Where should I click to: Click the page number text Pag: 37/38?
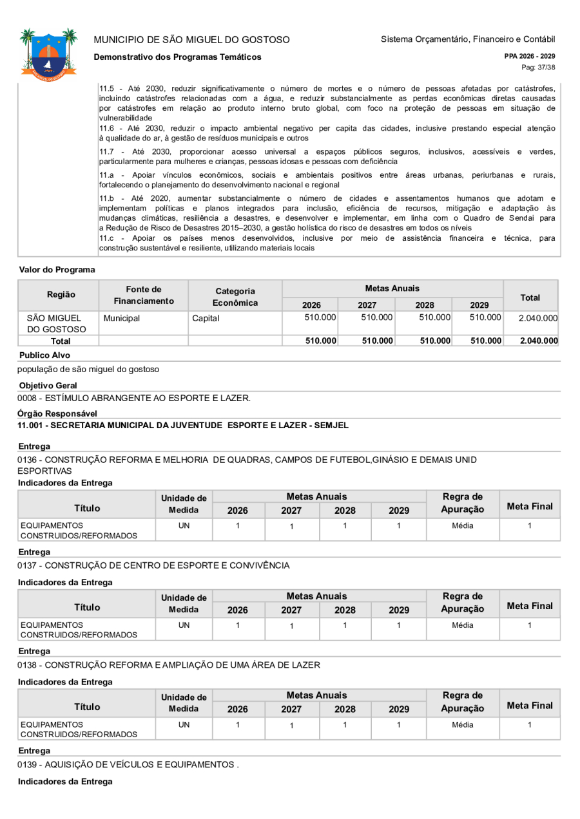(x=538, y=68)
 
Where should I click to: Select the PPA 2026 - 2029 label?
(x=530, y=57)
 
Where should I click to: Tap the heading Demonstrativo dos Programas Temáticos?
(x=177, y=57)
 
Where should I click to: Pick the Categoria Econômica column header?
(x=235, y=297)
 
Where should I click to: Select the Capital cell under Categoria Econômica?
(x=206, y=318)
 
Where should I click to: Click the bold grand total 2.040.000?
(x=538, y=341)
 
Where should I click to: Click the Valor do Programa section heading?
(x=57, y=270)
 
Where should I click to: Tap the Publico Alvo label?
(x=44, y=355)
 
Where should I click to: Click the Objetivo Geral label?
(x=48, y=386)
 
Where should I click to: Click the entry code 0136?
(x=29, y=460)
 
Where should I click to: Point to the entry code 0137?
(x=29, y=566)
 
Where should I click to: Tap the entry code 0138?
(x=29, y=664)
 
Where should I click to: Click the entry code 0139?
(x=29, y=764)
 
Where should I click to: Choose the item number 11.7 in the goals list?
(x=108, y=151)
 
